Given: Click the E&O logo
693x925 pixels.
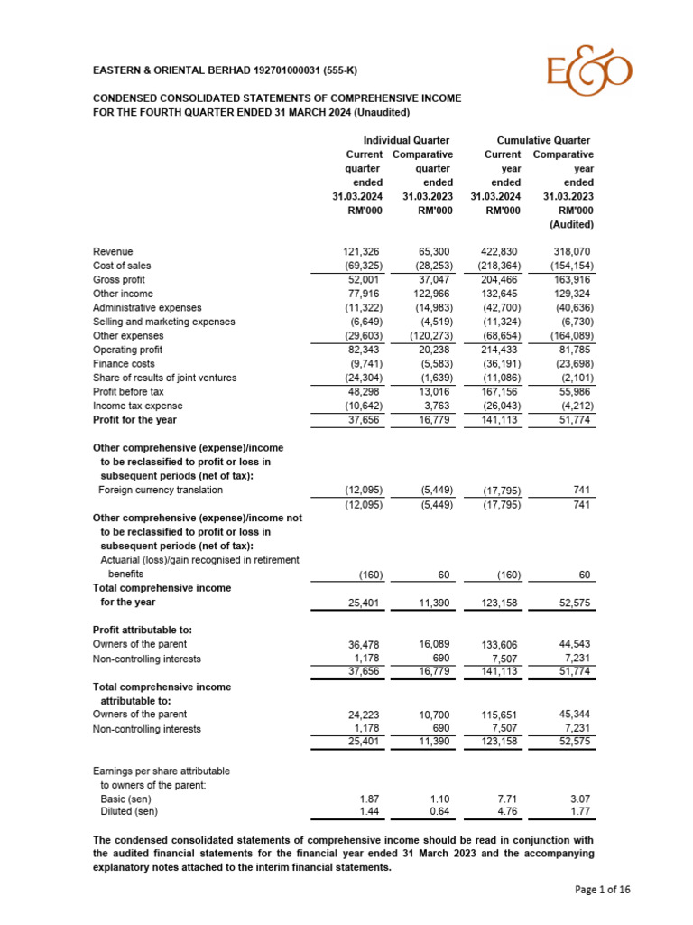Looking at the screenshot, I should tap(589, 72).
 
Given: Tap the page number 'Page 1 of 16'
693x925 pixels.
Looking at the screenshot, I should tap(603, 890).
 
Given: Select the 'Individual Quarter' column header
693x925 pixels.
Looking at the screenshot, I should tap(406, 140).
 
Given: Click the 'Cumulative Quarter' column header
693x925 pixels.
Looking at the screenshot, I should tap(543, 140).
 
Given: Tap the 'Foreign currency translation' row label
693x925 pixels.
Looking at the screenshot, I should tap(161, 490).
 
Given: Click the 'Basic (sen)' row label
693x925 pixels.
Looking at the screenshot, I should tap(127, 799).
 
